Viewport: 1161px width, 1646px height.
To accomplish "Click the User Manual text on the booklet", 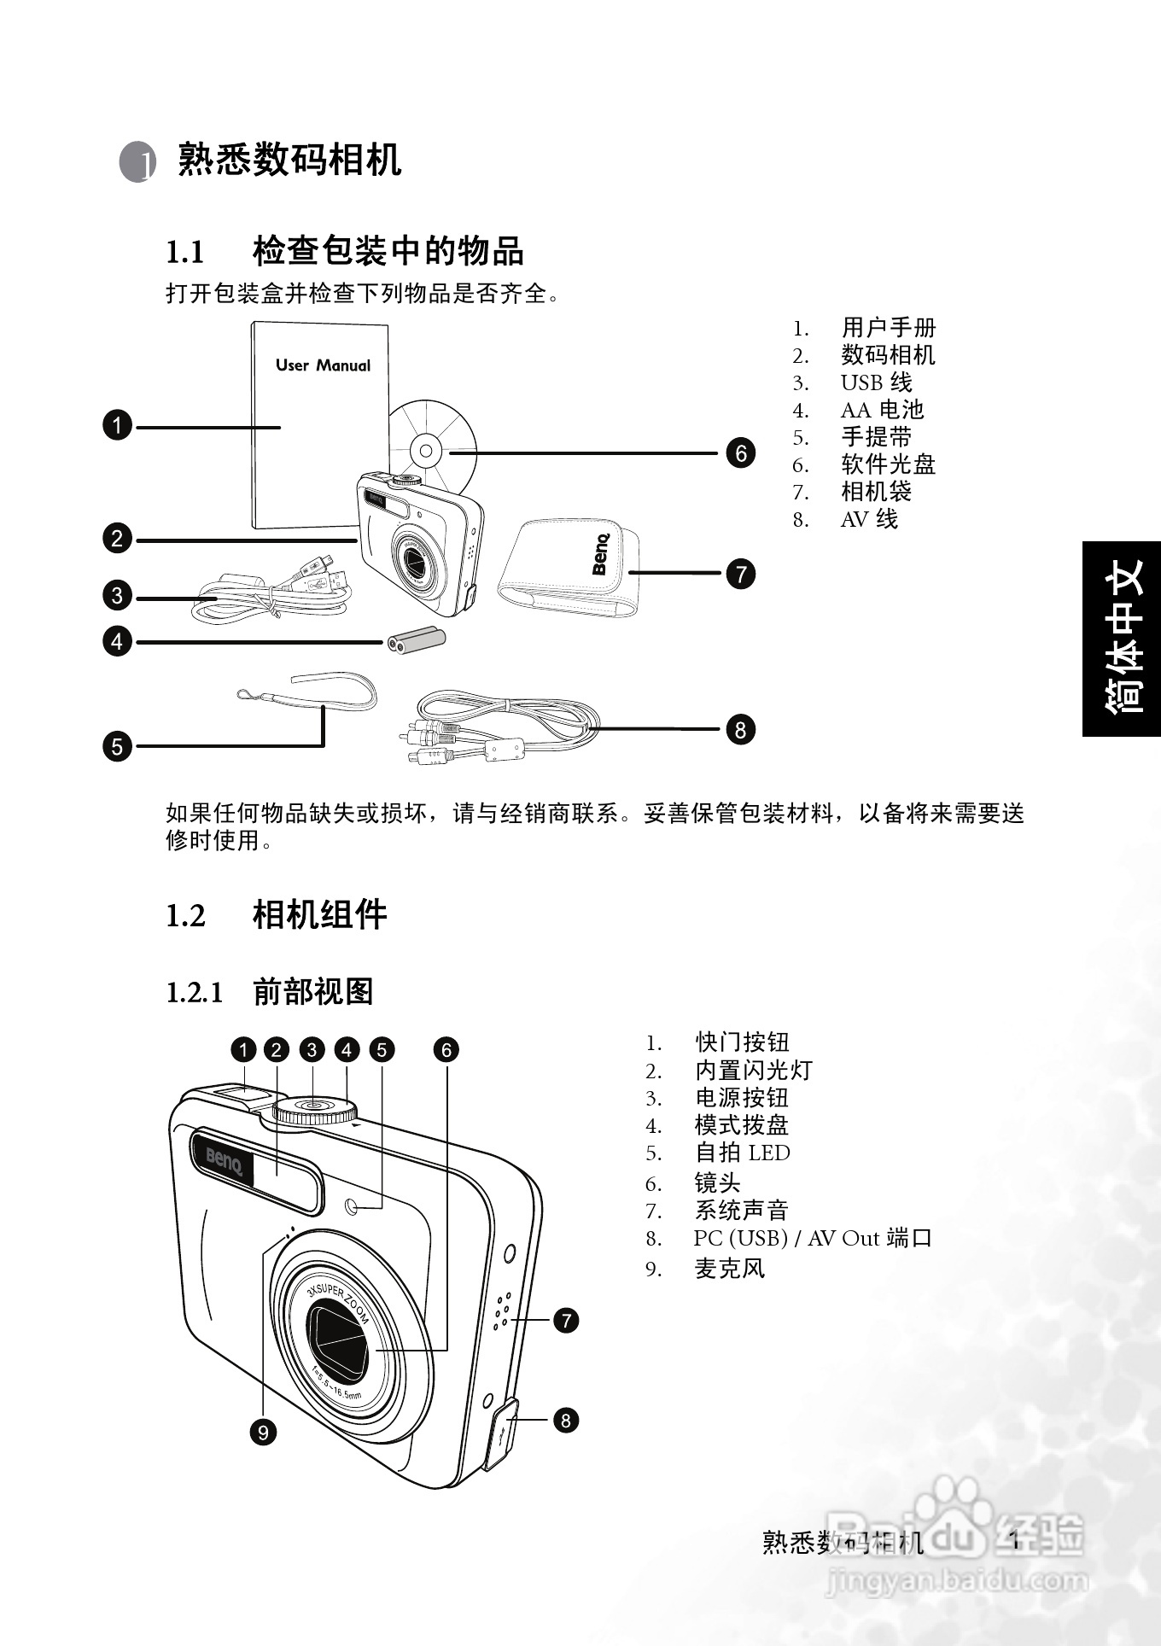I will coord(323,365).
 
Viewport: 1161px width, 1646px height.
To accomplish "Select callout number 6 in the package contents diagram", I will coord(740,453).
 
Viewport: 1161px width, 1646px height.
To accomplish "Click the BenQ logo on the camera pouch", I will coord(601,554).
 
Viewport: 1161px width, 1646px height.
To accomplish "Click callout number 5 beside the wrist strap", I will coord(117,746).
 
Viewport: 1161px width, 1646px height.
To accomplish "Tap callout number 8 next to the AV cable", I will coord(740,730).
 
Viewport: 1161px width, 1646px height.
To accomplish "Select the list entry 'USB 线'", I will coord(876,382).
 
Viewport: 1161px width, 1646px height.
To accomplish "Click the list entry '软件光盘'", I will coord(888,464).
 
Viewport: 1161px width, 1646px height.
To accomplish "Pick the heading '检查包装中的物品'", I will coord(388,251).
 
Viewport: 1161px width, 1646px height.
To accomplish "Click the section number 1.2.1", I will coord(194,993).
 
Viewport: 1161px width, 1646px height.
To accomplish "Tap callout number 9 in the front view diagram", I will coord(263,1432).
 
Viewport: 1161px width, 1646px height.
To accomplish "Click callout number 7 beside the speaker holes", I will coord(566,1321).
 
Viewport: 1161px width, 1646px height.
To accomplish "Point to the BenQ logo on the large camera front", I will coord(225,1161).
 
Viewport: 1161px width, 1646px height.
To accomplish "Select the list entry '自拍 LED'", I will coord(742,1153).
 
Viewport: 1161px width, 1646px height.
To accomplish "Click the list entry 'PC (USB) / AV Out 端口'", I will coord(812,1238).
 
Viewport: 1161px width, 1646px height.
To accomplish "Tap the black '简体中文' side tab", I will coord(1122,639).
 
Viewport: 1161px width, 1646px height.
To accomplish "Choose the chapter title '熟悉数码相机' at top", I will coord(289,160).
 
